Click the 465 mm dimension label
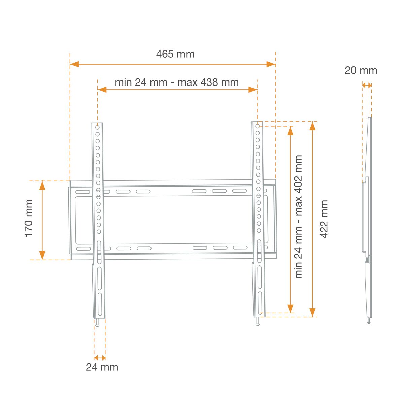(x=175, y=54)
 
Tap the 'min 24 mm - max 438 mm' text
(x=177, y=82)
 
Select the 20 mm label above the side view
(x=361, y=70)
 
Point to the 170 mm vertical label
(x=29, y=218)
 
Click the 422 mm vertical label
(x=324, y=219)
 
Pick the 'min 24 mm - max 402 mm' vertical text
(x=298, y=217)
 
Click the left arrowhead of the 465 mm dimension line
(x=74, y=64)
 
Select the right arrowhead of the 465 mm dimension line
(x=271, y=64)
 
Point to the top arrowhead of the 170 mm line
(x=42, y=185)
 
